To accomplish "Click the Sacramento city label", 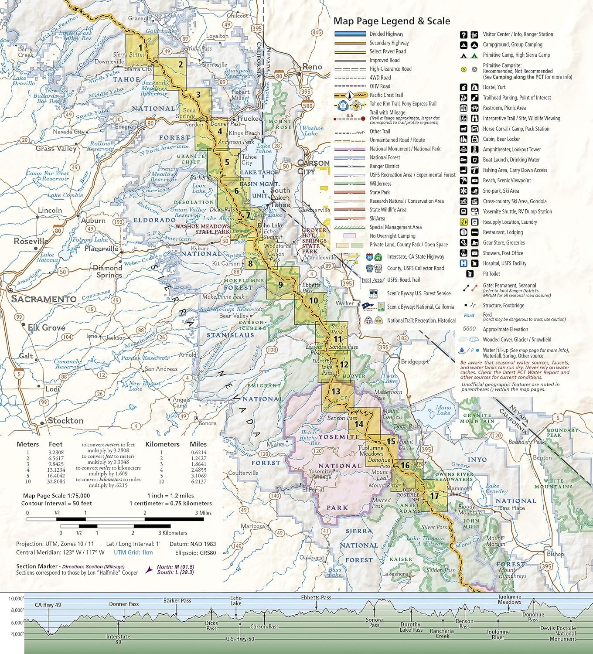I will tap(44, 299).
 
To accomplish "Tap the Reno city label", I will tap(312, 67).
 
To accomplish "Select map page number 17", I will tap(434, 496).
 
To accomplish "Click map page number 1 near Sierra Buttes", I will tap(140, 48).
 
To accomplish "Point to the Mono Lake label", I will tap(443, 410).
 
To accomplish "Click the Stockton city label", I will tap(65, 421).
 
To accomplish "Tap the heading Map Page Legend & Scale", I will tap(392, 21).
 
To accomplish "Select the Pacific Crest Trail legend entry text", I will tap(386, 95).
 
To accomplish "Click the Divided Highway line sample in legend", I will tap(350, 34).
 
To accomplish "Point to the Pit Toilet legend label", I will tap(491, 274).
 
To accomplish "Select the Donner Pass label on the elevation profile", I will tap(124, 604).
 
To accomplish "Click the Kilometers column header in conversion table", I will tap(162, 444).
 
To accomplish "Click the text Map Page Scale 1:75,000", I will tap(57, 496).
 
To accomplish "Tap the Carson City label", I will tap(313, 167).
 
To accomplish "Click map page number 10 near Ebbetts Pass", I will tap(313, 300).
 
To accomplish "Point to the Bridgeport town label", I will tap(415, 361).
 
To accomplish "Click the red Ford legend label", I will tap(469, 315).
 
